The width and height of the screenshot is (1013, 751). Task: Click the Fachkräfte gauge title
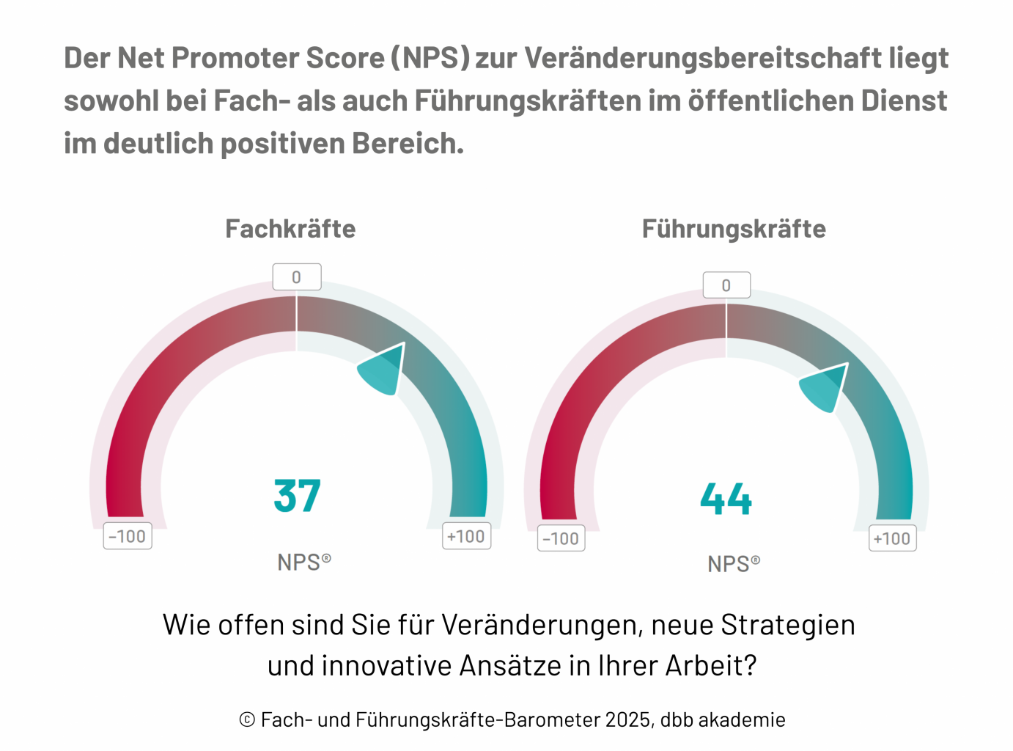(x=290, y=229)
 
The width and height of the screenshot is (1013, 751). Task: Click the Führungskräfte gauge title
(x=734, y=229)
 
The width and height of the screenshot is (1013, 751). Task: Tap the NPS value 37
(x=297, y=496)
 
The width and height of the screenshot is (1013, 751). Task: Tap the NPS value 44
(x=726, y=499)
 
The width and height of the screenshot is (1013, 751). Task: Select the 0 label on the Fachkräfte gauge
(x=297, y=277)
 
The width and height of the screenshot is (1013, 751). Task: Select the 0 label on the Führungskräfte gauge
(x=726, y=285)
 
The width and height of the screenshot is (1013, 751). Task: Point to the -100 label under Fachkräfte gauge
(x=128, y=536)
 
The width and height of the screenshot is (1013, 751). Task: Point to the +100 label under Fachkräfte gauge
(x=466, y=536)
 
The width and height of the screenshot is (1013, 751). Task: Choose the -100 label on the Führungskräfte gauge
(x=561, y=538)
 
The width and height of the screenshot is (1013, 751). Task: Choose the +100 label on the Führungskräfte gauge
(x=892, y=538)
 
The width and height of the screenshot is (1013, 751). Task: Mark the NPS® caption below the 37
(x=303, y=563)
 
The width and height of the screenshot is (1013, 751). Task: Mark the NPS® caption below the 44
(x=733, y=564)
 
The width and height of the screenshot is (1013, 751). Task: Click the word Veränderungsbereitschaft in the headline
(x=702, y=58)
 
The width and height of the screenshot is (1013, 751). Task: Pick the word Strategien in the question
(x=788, y=625)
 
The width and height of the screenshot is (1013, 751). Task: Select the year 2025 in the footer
(x=627, y=719)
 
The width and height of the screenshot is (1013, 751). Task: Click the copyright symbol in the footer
(x=247, y=720)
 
